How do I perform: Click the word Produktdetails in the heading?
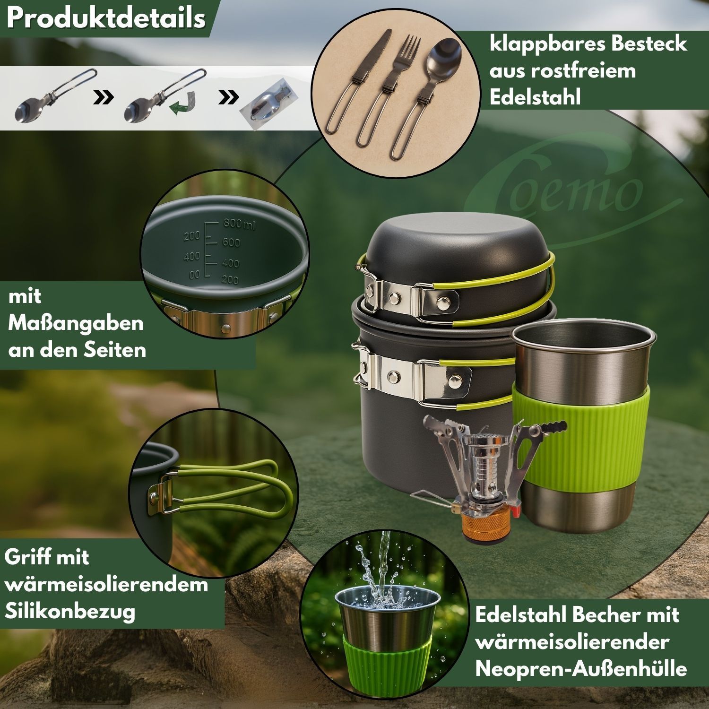click(x=107, y=19)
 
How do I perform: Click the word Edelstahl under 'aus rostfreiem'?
click(x=535, y=97)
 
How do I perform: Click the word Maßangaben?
click(x=76, y=324)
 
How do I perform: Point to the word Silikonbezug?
click(x=69, y=612)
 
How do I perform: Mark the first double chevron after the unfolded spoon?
click(x=104, y=98)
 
